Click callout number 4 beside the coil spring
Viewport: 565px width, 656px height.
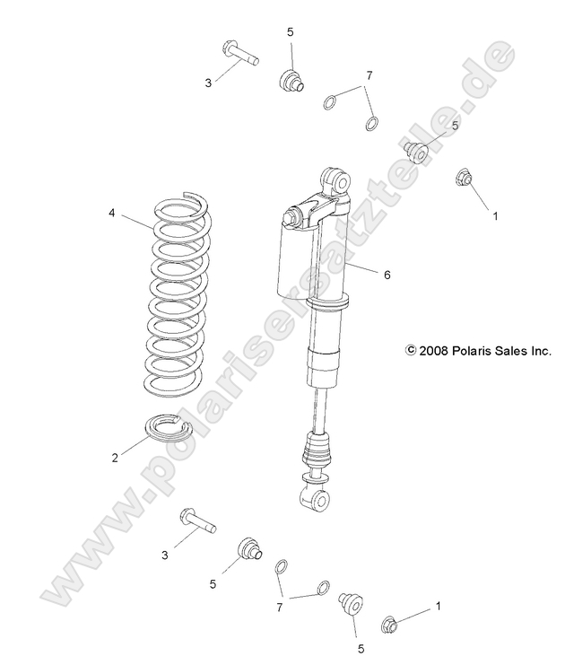tap(111, 213)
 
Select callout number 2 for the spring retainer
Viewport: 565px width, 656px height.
tap(115, 458)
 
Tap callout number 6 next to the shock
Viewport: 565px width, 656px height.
tap(387, 276)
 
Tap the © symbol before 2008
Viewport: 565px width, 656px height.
tap(412, 352)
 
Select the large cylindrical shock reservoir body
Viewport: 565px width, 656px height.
tap(298, 260)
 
